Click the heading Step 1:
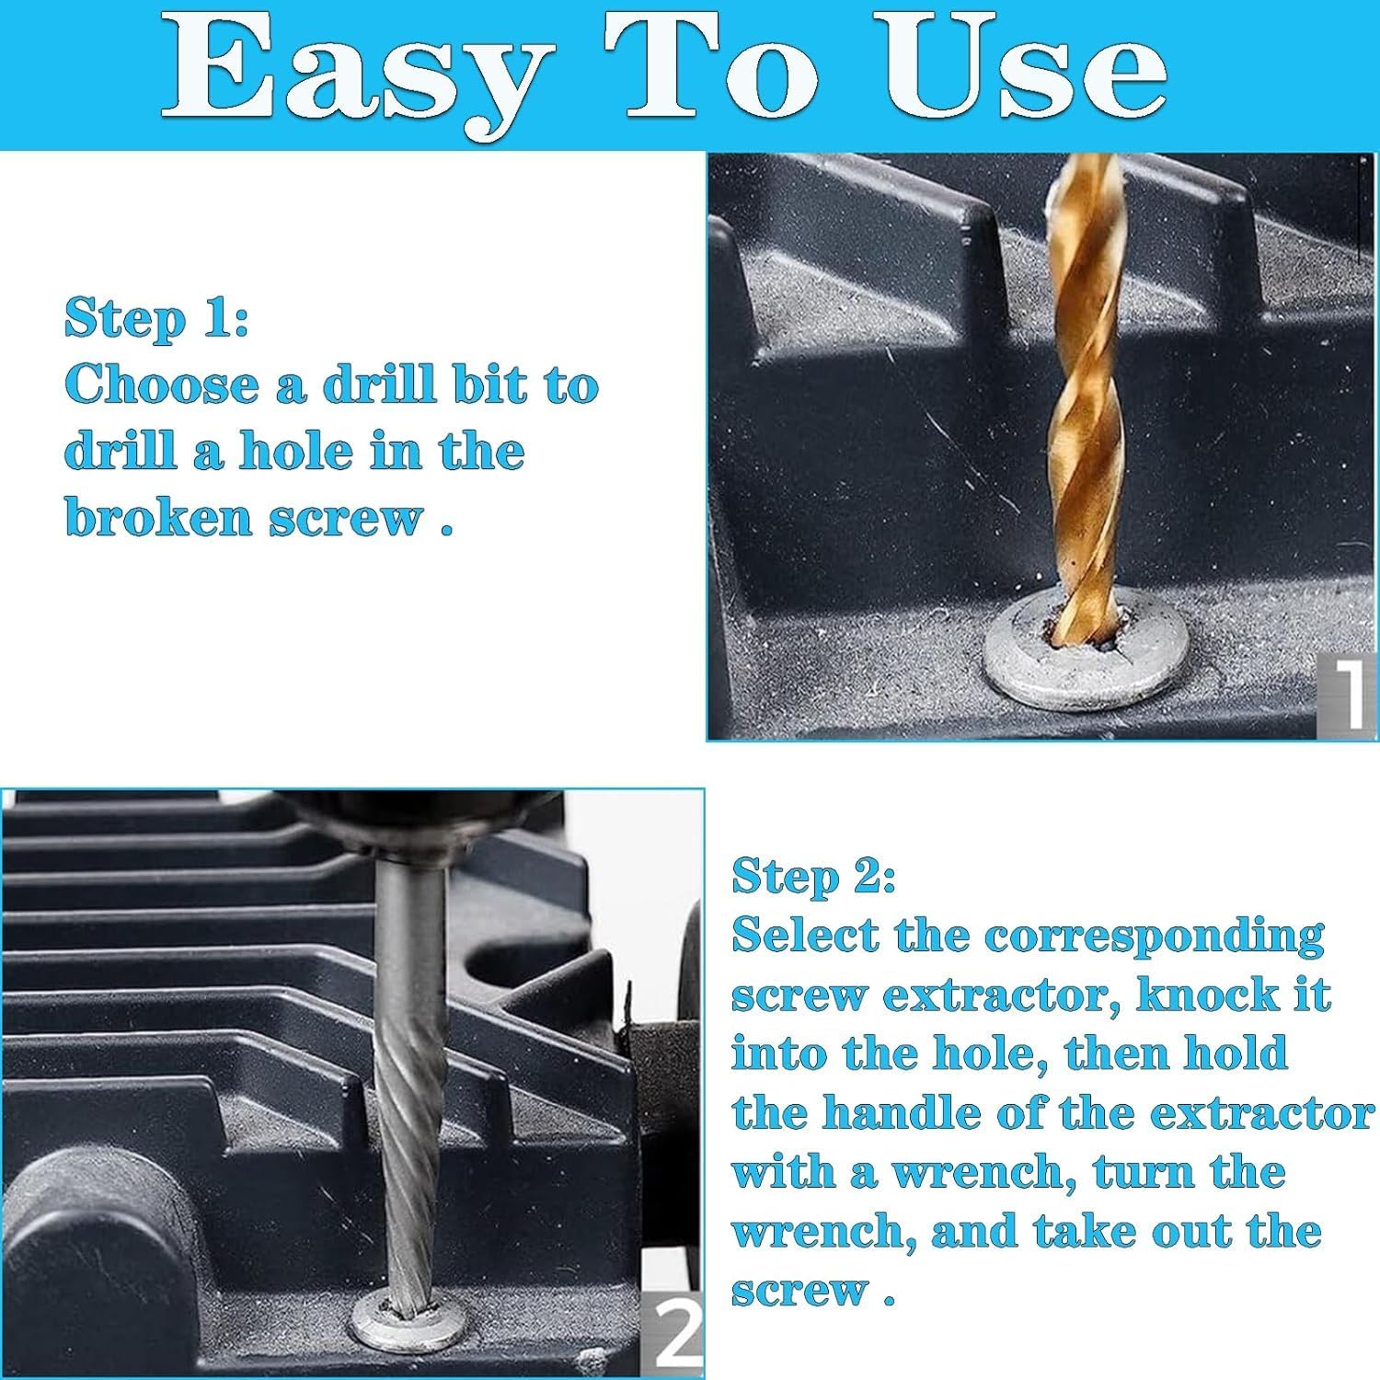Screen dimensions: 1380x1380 (x=156, y=318)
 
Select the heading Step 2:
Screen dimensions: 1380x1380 (x=813, y=876)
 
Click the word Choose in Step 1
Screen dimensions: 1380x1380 (x=163, y=385)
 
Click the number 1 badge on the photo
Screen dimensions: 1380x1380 (x=1346, y=695)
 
